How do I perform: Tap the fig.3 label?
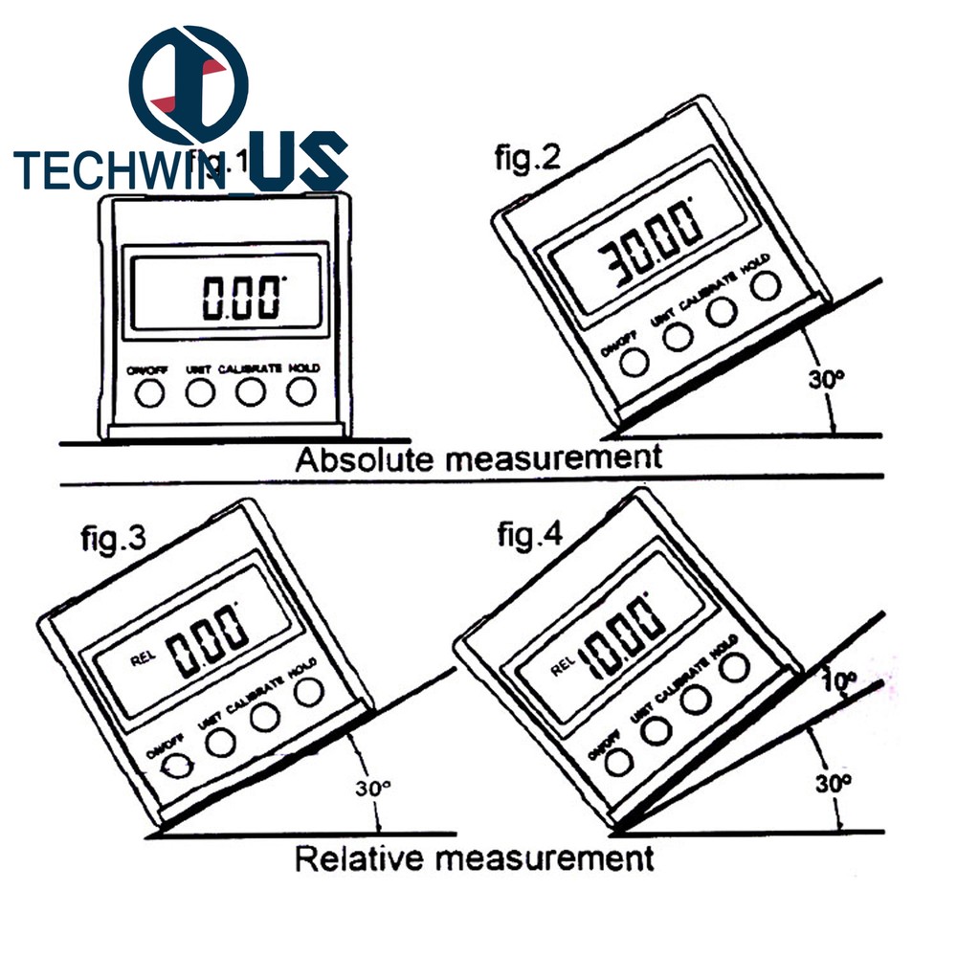coord(112,540)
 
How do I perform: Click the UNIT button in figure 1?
coord(199,391)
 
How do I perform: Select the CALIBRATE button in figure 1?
coord(250,391)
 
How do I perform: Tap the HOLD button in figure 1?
coord(301,390)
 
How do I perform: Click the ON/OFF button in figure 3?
coord(175,767)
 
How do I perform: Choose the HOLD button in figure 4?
coord(735,669)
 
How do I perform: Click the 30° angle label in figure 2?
coord(826,378)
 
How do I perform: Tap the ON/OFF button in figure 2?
coord(633,360)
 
